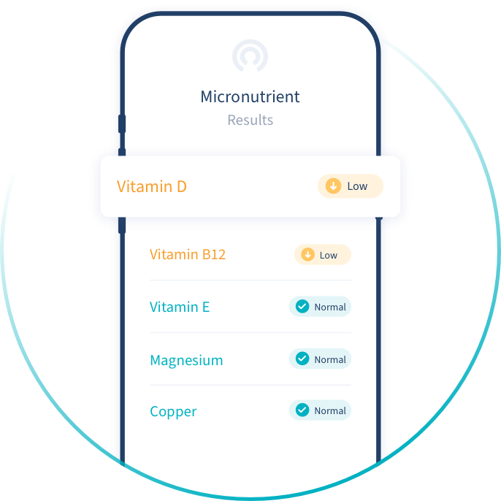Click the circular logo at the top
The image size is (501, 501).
point(250,57)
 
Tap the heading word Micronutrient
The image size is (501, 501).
point(250,97)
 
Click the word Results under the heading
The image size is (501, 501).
point(250,121)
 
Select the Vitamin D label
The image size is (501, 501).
point(152,186)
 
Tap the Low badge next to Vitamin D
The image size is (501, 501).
point(351,186)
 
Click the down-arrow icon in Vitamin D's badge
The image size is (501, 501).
point(333,186)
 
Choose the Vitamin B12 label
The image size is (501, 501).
point(188,255)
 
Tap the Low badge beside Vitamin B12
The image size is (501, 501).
point(323,255)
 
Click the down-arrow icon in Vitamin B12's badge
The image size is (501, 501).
point(307,255)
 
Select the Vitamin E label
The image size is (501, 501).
point(180,307)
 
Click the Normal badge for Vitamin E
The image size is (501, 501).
point(321,307)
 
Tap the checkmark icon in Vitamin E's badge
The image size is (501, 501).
point(302,307)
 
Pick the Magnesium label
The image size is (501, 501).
point(186,360)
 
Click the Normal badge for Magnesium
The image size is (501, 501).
point(321,359)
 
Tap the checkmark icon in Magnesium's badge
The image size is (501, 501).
point(302,359)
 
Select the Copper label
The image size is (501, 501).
point(173,411)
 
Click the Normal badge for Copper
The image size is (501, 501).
point(321,410)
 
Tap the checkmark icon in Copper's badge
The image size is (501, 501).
point(302,410)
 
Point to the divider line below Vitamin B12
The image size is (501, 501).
point(250,280)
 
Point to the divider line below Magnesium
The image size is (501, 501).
point(250,385)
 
